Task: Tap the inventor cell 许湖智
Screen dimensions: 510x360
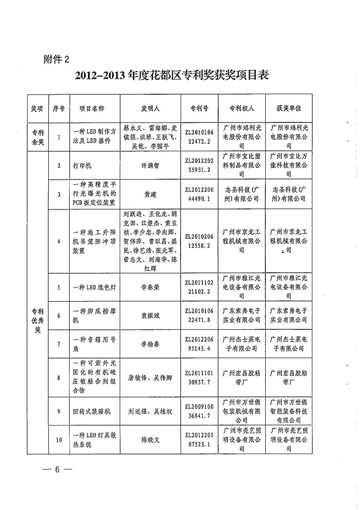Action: click(150, 165)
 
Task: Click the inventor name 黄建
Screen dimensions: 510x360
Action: click(150, 195)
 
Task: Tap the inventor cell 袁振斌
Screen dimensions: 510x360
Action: click(150, 317)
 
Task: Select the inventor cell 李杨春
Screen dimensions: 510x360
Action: click(150, 345)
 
